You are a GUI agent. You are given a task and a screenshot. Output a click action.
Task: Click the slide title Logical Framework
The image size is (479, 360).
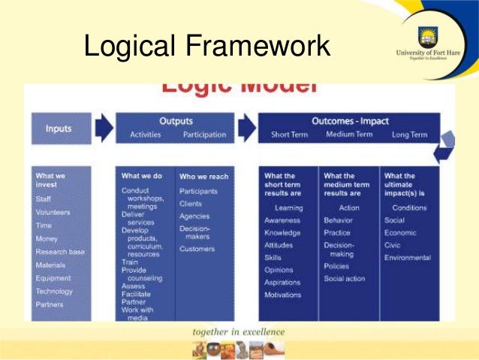click(x=206, y=47)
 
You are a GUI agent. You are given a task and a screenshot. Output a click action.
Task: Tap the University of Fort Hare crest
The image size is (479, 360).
click(x=427, y=37)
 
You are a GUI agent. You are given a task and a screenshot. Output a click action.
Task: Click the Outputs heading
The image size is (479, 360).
click(x=176, y=121)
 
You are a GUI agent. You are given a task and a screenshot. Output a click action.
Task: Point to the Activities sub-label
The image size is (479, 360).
click(x=145, y=135)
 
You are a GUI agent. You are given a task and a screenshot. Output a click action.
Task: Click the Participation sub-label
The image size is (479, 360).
click(x=204, y=135)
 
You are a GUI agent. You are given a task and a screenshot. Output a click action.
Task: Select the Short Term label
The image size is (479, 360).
click(x=289, y=135)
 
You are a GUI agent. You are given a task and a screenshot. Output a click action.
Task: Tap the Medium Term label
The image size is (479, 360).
click(x=349, y=135)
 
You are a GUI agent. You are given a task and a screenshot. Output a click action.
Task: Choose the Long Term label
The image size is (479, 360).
click(x=409, y=135)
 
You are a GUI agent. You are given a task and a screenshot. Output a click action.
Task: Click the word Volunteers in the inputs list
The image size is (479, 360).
click(x=53, y=212)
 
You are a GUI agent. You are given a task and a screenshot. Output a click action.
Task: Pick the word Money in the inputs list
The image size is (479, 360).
click(x=47, y=238)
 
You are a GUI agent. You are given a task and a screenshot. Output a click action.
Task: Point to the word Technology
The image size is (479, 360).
click(x=54, y=291)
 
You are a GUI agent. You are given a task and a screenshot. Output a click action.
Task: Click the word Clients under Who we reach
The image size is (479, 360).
click(x=191, y=203)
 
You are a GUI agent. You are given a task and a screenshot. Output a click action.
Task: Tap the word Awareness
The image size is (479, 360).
click(x=282, y=220)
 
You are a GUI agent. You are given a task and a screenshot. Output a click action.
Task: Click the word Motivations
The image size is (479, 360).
click(x=284, y=295)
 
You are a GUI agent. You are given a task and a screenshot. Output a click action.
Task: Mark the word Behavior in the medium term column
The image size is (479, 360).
click(x=338, y=220)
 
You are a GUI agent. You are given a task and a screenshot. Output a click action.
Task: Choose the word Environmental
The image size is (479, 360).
click(x=408, y=258)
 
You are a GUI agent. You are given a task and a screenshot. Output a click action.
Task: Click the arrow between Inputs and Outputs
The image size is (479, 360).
click(x=104, y=129)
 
